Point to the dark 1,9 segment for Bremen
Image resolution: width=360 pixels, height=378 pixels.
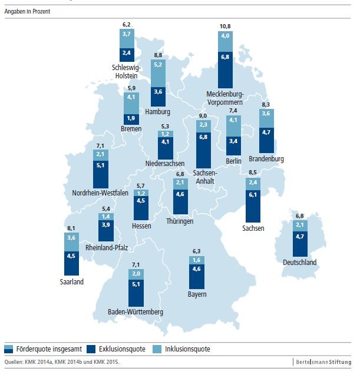coord(131,117)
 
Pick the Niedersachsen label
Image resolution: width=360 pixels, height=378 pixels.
coord(166,163)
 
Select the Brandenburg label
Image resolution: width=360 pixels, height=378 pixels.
coord(266,159)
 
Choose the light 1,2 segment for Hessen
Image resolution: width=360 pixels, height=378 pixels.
coord(141,193)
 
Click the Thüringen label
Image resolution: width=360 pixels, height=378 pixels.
coord(180,221)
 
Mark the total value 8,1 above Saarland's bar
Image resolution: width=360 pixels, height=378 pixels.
coord(71,228)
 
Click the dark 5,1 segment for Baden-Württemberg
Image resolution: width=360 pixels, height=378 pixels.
coord(136,293)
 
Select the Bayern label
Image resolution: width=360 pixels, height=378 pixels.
coord(197,294)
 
